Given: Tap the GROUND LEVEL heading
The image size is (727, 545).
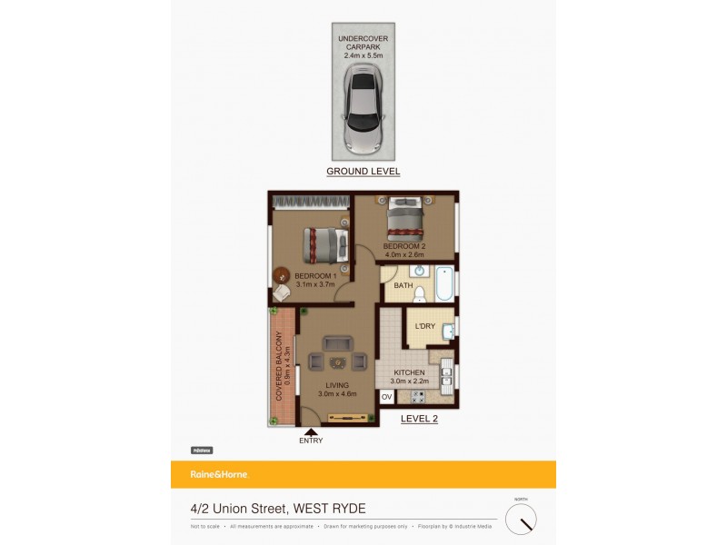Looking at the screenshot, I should point(363,171).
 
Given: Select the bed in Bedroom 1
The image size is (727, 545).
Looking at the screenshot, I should point(324,243).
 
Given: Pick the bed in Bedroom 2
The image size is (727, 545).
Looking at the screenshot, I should point(406,218).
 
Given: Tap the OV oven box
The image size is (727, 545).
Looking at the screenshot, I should point(386,397).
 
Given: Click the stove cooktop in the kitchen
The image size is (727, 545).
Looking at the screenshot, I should point(418,397).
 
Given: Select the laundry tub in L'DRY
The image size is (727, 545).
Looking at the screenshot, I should point(449,332).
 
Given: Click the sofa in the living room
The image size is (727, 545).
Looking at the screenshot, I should point(338,344).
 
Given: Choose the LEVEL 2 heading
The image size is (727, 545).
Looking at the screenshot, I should point(421,418).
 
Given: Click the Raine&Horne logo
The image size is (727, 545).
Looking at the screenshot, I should point(219,474).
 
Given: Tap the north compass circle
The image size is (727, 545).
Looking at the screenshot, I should point(521,519).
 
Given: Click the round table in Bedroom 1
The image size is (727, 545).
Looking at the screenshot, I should point(280,274).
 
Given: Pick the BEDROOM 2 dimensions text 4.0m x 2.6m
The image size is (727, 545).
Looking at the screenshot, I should point(404,255).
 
